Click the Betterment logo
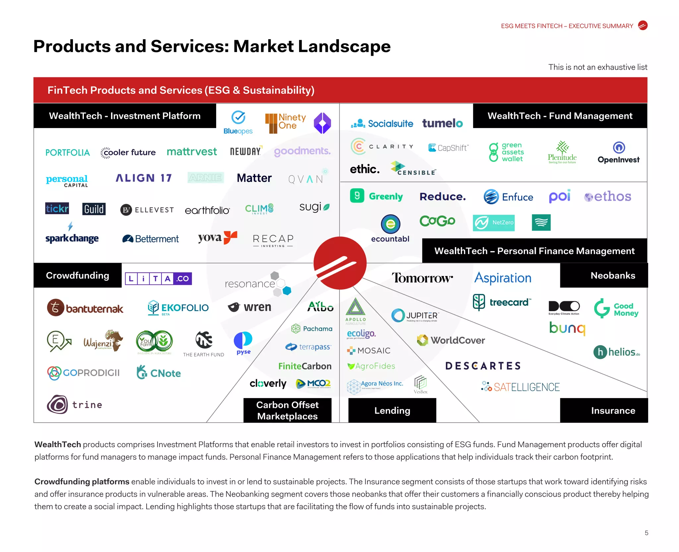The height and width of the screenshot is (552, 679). click(151, 239)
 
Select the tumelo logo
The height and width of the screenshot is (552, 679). click(442, 123)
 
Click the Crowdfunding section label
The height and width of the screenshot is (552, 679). click(78, 275)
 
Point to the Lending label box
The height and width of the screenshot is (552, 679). click(392, 410)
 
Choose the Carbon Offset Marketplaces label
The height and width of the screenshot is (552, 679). click(287, 410)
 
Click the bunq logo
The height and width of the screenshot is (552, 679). click(567, 328)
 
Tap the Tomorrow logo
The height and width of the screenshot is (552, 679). click(422, 278)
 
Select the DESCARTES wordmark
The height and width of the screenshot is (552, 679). click(483, 366)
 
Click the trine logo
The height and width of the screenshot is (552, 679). click(75, 404)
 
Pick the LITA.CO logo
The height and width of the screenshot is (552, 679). click(158, 279)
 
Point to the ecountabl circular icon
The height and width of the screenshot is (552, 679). click(391, 224)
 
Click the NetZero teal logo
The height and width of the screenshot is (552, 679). click(494, 223)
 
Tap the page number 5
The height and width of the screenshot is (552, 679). click(646, 533)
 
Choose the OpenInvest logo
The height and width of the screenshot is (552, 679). click(619, 153)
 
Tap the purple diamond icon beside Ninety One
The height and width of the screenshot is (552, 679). click(322, 123)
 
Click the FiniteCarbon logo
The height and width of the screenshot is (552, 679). click(305, 366)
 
